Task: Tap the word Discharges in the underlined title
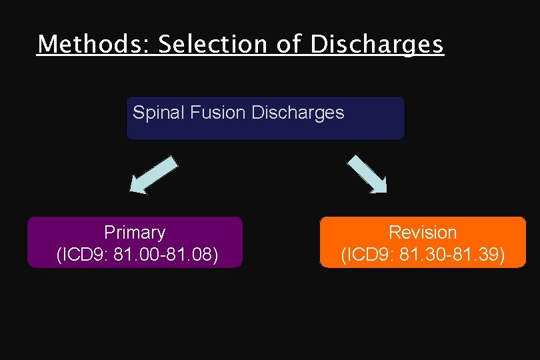click(x=377, y=44)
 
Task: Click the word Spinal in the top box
click(x=159, y=113)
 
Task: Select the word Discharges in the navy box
click(x=298, y=113)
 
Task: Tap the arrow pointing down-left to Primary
click(x=154, y=175)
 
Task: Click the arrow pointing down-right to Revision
click(x=367, y=174)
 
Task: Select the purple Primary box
click(x=135, y=242)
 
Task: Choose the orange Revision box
click(x=423, y=242)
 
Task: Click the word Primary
click(x=135, y=233)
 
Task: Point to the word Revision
click(x=423, y=233)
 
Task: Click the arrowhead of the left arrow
click(x=138, y=186)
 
